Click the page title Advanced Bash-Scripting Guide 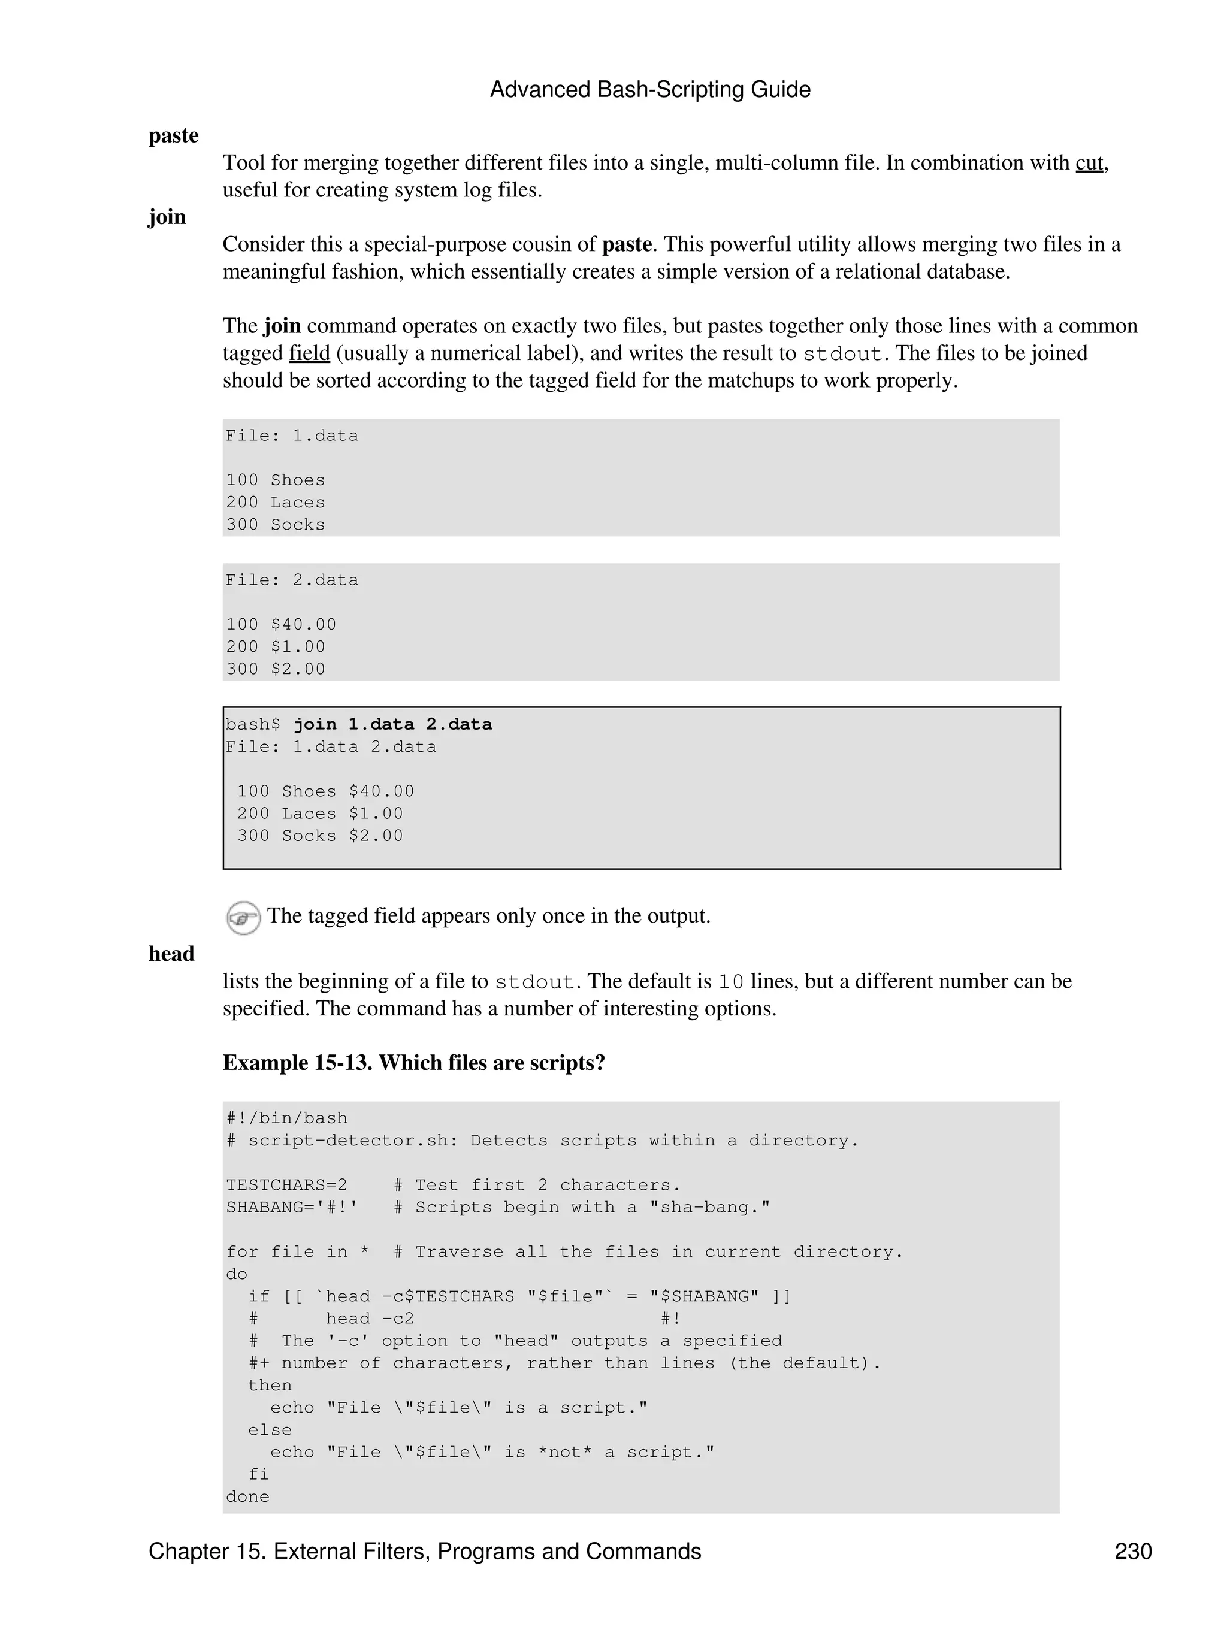649,89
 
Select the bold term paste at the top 174,136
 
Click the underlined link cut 1089,162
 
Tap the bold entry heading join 167,217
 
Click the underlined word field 309,353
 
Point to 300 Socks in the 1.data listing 276,524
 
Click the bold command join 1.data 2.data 393,724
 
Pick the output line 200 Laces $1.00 320,813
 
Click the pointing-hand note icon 243,918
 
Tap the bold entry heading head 171,954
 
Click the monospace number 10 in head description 731,982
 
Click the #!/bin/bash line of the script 286,1118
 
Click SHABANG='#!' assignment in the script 292,1207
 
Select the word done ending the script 248,1496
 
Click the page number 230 1132,1551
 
